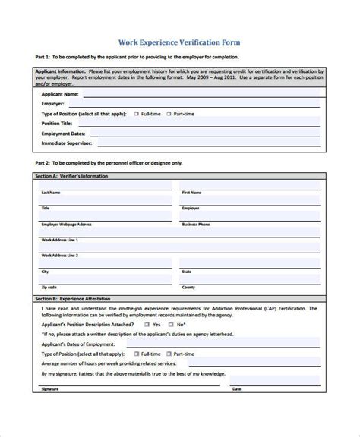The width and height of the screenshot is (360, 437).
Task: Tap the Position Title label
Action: [x=56, y=123]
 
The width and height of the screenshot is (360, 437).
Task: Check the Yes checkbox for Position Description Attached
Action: [x=147, y=324]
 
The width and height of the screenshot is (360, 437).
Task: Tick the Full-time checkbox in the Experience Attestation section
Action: [x=134, y=354]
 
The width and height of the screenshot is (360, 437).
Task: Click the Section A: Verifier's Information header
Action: [x=71, y=175]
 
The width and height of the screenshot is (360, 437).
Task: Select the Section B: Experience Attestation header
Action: [x=73, y=299]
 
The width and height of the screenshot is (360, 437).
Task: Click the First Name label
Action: [x=191, y=193]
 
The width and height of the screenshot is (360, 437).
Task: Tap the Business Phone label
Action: [x=195, y=225]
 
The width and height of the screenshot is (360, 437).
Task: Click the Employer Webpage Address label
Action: [x=66, y=225]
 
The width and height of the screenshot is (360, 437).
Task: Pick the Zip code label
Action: [x=49, y=288]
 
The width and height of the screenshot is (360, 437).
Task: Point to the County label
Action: [x=189, y=288]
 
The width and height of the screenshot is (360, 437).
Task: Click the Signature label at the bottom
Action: [x=50, y=410]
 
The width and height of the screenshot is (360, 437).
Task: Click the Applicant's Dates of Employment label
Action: [x=77, y=344]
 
